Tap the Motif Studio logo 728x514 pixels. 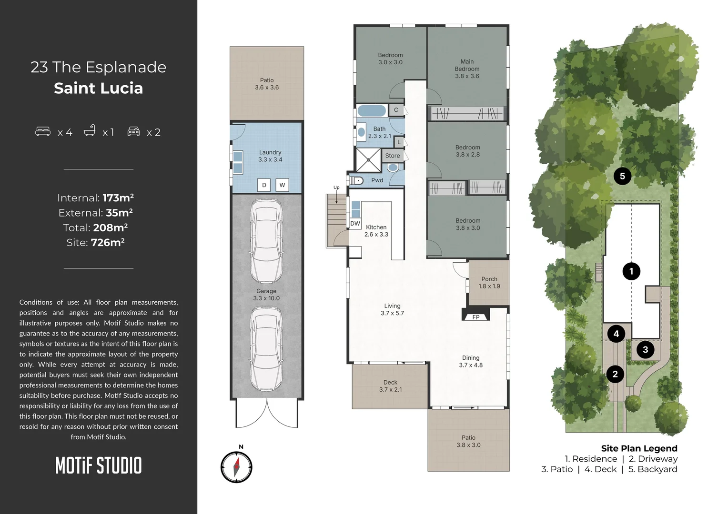tap(99, 465)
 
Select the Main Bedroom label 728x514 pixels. tap(467, 69)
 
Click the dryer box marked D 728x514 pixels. tap(264, 185)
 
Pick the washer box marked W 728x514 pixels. tap(282, 185)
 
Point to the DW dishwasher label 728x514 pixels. tap(355, 223)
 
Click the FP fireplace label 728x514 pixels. tap(475, 317)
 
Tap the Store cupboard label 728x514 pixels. tap(393, 156)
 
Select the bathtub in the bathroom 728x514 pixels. tap(372, 111)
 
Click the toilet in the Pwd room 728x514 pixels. tap(357, 180)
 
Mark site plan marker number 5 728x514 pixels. tap(622, 176)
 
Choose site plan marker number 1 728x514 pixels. tap(631, 271)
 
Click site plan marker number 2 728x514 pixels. tap(615, 374)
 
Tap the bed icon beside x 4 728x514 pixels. tap(43, 131)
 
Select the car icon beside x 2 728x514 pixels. tap(133, 131)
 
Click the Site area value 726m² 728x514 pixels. tap(108, 242)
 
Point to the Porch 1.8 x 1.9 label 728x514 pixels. tap(489, 283)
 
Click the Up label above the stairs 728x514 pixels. tap(336, 188)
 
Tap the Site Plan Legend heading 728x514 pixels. tap(639, 448)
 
